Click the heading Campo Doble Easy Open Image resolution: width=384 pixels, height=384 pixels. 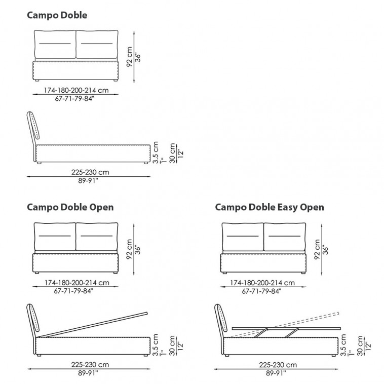click(x=270, y=207)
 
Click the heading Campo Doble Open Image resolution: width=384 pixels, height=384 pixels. click(x=70, y=207)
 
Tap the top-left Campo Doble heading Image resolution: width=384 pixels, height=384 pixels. click(x=57, y=15)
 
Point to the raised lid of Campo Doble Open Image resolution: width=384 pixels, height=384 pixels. click(x=93, y=325)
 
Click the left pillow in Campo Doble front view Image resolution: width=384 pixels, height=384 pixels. click(x=55, y=44)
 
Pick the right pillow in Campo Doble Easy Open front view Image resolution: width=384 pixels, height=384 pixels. click(x=285, y=237)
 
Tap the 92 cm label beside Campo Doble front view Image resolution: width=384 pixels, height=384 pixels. click(x=129, y=57)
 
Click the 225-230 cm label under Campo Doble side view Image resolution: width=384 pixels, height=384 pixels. click(x=90, y=172)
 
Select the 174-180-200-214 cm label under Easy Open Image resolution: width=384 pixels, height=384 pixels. click(x=262, y=283)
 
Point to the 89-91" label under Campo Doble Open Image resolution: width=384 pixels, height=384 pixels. click(x=88, y=373)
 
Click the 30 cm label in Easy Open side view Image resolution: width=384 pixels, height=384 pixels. click(x=360, y=345)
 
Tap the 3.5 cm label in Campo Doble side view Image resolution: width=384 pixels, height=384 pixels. click(x=156, y=152)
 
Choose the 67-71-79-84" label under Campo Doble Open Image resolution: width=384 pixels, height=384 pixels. click(x=74, y=291)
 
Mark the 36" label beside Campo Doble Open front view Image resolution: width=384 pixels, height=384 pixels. click(x=138, y=250)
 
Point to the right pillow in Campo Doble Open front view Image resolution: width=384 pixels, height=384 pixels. click(x=97, y=237)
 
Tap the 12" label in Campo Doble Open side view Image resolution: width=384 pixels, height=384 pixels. click(x=180, y=346)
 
